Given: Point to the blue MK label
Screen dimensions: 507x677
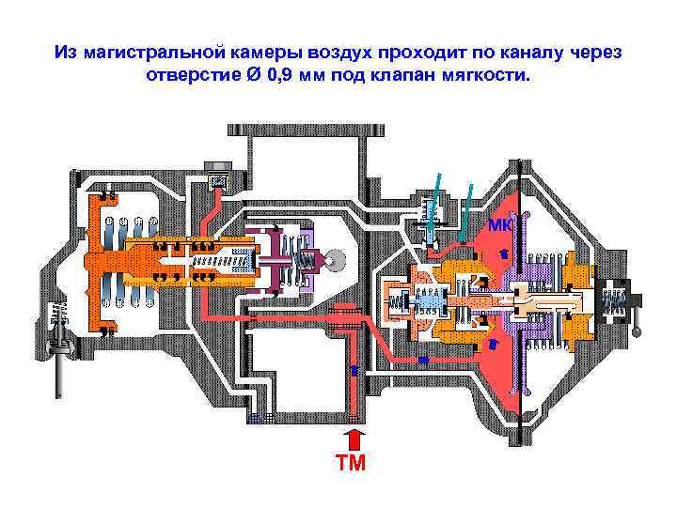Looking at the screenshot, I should coord(499,224).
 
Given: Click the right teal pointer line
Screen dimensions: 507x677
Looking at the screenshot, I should coord(467,207).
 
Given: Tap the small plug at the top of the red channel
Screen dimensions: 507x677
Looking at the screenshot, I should coord(217,180).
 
